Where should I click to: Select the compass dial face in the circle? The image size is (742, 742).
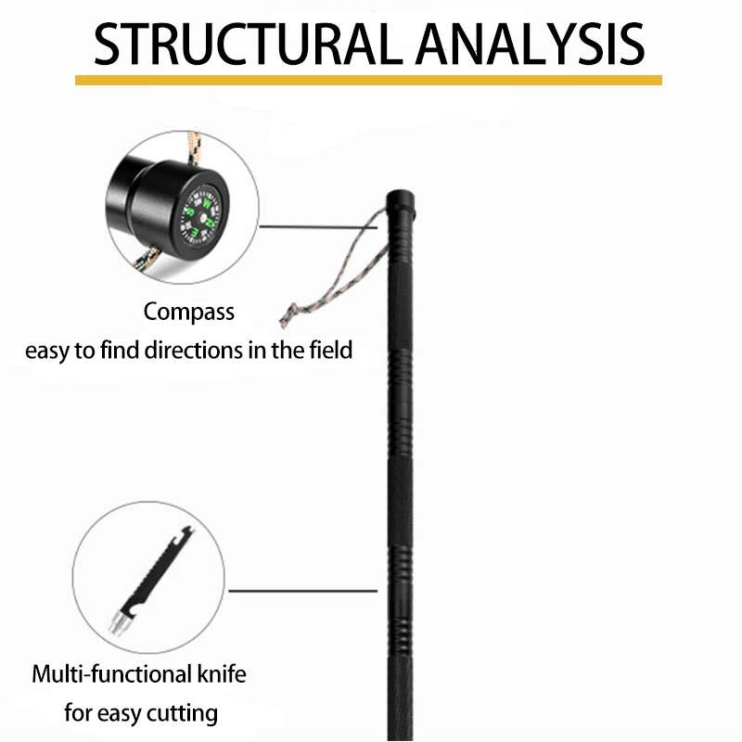(x=199, y=215)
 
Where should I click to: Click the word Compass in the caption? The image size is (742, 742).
(x=189, y=312)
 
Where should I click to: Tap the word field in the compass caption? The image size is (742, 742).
(x=329, y=352)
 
